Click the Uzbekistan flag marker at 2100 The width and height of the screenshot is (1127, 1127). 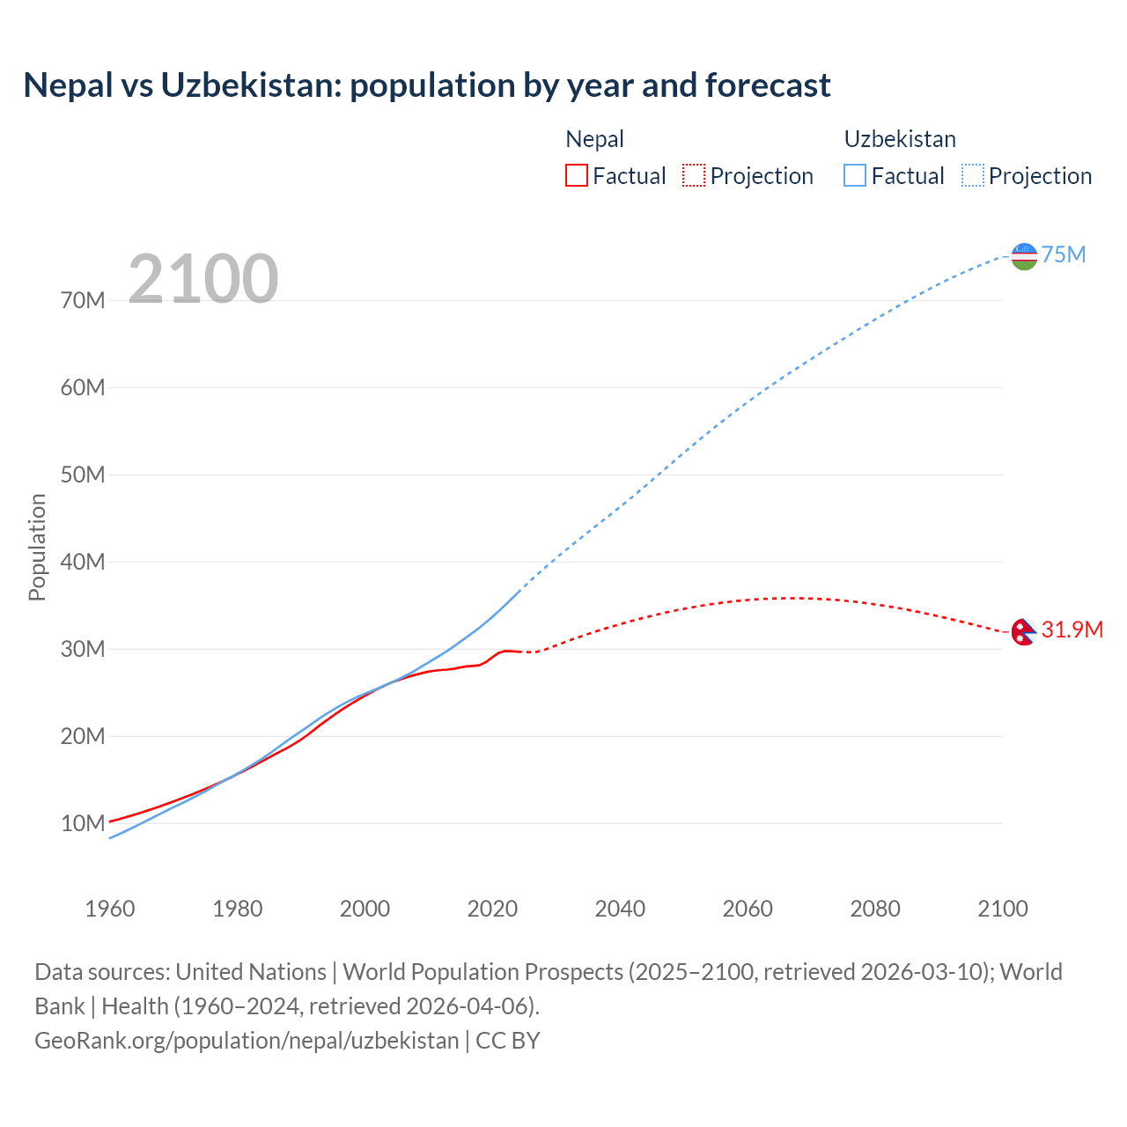click(1024, 256)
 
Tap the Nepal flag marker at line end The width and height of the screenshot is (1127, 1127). click(1023, 631)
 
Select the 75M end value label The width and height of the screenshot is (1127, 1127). click(1064, 255)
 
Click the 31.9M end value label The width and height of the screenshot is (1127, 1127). click(1072, 630)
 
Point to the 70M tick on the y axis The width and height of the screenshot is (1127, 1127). click(84, 301)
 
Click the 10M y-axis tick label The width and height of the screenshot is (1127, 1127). click(84, 824)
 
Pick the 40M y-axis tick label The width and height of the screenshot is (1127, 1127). click(84, 563)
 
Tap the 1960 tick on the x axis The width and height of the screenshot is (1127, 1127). click(110, 909)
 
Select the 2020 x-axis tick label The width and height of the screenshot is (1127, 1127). click(492, 909)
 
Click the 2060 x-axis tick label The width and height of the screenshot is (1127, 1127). click(748, 909)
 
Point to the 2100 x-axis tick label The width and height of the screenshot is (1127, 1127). click(1002, 909)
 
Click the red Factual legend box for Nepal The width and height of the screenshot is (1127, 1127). click(577, 175)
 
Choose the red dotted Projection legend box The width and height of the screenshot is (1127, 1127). click(694, 175)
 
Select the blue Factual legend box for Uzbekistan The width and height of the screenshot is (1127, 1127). click(855, 175)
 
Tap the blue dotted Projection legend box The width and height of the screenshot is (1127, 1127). click(972, 175)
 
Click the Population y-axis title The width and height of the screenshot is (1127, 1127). click(37, 547)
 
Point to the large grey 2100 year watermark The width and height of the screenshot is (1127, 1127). click(203, 279)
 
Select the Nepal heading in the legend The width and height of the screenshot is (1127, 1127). click(594, 139)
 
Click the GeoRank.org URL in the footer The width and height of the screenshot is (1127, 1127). click(247, 1041)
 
